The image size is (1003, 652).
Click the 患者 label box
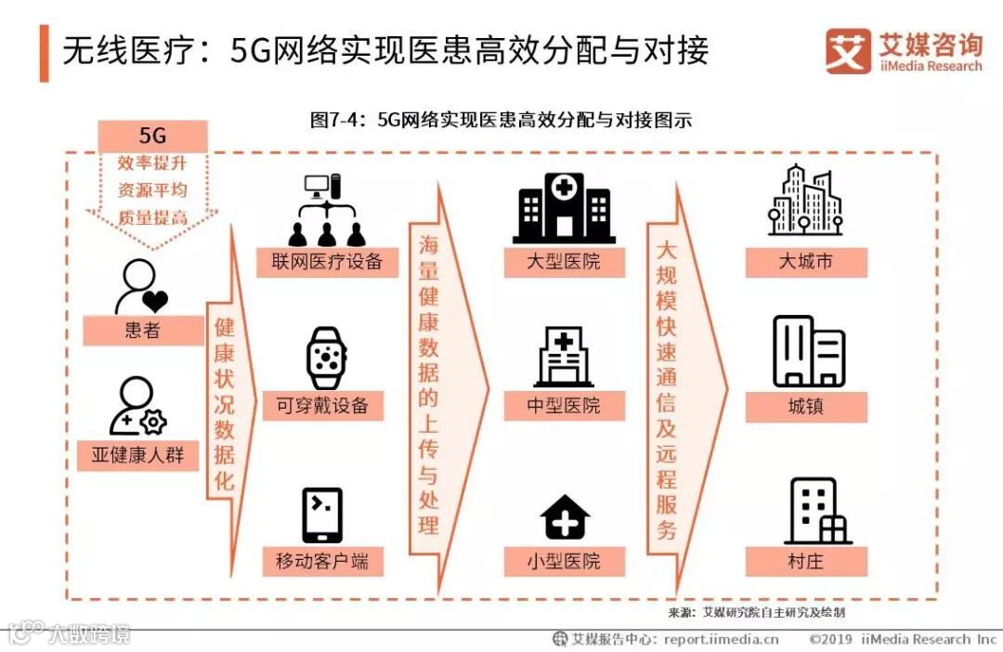click(x=143, y=331)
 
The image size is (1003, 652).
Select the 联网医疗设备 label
click(x=328, y=262)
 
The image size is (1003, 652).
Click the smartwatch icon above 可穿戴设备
click(x=327, y=358)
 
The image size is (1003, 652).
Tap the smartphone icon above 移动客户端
click(x=322, y=515)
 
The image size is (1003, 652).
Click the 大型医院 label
click(x=564, y=262)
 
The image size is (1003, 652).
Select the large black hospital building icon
click(x=564, y=207)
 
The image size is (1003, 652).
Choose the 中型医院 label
click(x=564, y=406)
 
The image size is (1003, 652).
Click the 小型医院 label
click(x=564, y=561)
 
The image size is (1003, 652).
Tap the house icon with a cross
click(x=565, y=516)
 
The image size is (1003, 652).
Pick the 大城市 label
click(x=805, y=262)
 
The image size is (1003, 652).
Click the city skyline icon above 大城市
click(x=805, y=201)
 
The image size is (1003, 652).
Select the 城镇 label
click(x=805, y=406)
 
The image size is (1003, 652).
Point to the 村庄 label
click(x=805, y=561)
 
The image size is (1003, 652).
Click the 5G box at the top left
click(x=152, y=137)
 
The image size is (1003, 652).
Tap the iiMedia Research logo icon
click(x=847, y=50)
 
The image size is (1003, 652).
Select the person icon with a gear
click(x=138, y=407)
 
